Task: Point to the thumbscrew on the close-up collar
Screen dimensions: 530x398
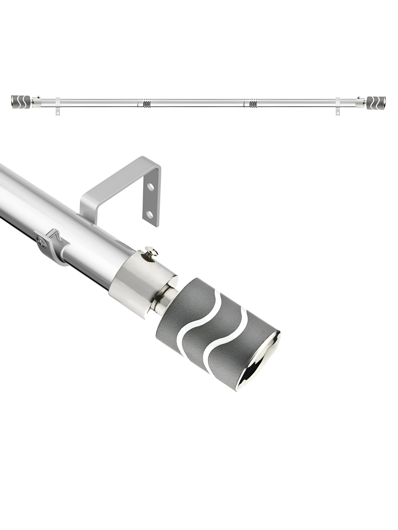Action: tap(151, 252)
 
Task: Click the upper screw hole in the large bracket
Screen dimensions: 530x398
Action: tap(150, 187)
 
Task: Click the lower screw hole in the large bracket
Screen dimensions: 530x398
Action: tap(150, 214)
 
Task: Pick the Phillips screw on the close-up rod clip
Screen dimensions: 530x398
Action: tap(42, 241)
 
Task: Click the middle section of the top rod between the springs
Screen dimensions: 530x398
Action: tap(199, 102)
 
